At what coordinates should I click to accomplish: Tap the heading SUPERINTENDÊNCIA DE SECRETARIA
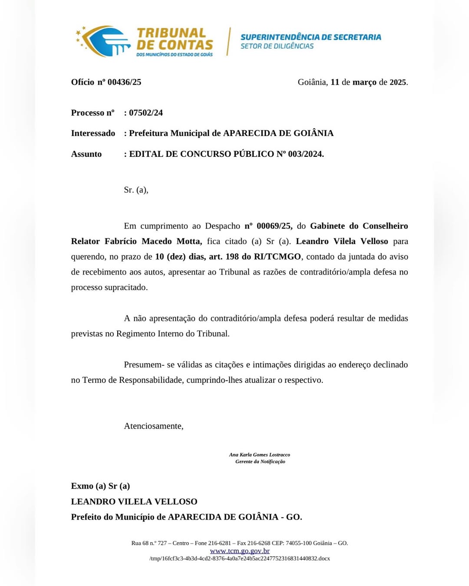310,37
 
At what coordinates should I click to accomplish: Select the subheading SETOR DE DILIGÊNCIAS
277,46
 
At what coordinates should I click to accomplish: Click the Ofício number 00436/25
124,82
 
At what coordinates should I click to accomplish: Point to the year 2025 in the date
398,82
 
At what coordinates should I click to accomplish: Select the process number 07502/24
146,113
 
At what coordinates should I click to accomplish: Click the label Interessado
93,133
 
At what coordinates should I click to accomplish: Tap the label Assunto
86,154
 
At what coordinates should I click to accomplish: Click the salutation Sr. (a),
136,190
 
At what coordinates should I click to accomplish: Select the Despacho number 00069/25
274,226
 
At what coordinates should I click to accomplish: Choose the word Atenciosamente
154,426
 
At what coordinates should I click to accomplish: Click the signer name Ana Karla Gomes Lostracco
260,455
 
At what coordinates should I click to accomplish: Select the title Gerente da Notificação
260,462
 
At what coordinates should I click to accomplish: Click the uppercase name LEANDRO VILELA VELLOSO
134,502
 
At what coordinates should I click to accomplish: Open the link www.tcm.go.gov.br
240,551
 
